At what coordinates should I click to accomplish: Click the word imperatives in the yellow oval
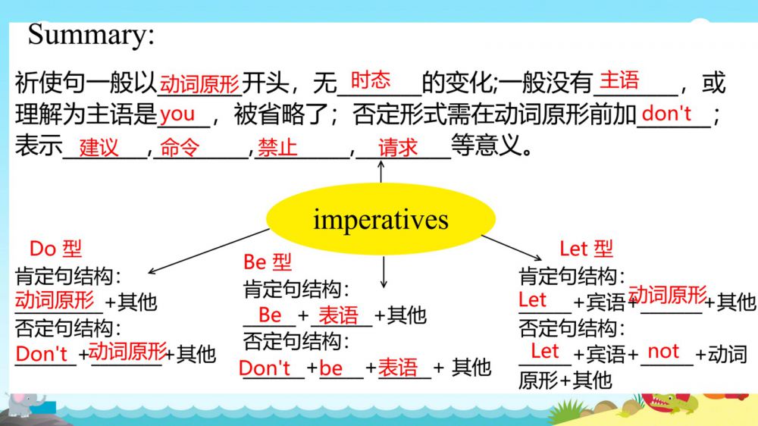381,221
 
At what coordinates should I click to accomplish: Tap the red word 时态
371,80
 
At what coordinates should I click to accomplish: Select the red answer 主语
619,80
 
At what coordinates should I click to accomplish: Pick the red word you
177,114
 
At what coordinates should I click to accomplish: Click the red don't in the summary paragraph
666,114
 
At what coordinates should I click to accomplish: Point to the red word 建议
99,147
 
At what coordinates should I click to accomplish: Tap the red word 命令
180,147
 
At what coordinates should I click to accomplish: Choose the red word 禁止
277,147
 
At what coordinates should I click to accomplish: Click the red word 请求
397,147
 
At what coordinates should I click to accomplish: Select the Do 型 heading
55,249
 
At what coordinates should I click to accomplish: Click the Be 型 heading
268,262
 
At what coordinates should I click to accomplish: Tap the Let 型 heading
586,249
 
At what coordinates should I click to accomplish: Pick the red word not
663,352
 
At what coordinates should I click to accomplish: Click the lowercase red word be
331,368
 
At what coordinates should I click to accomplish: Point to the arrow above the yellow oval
381,171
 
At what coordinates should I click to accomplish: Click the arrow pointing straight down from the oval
384,272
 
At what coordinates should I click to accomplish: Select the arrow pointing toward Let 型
512,248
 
